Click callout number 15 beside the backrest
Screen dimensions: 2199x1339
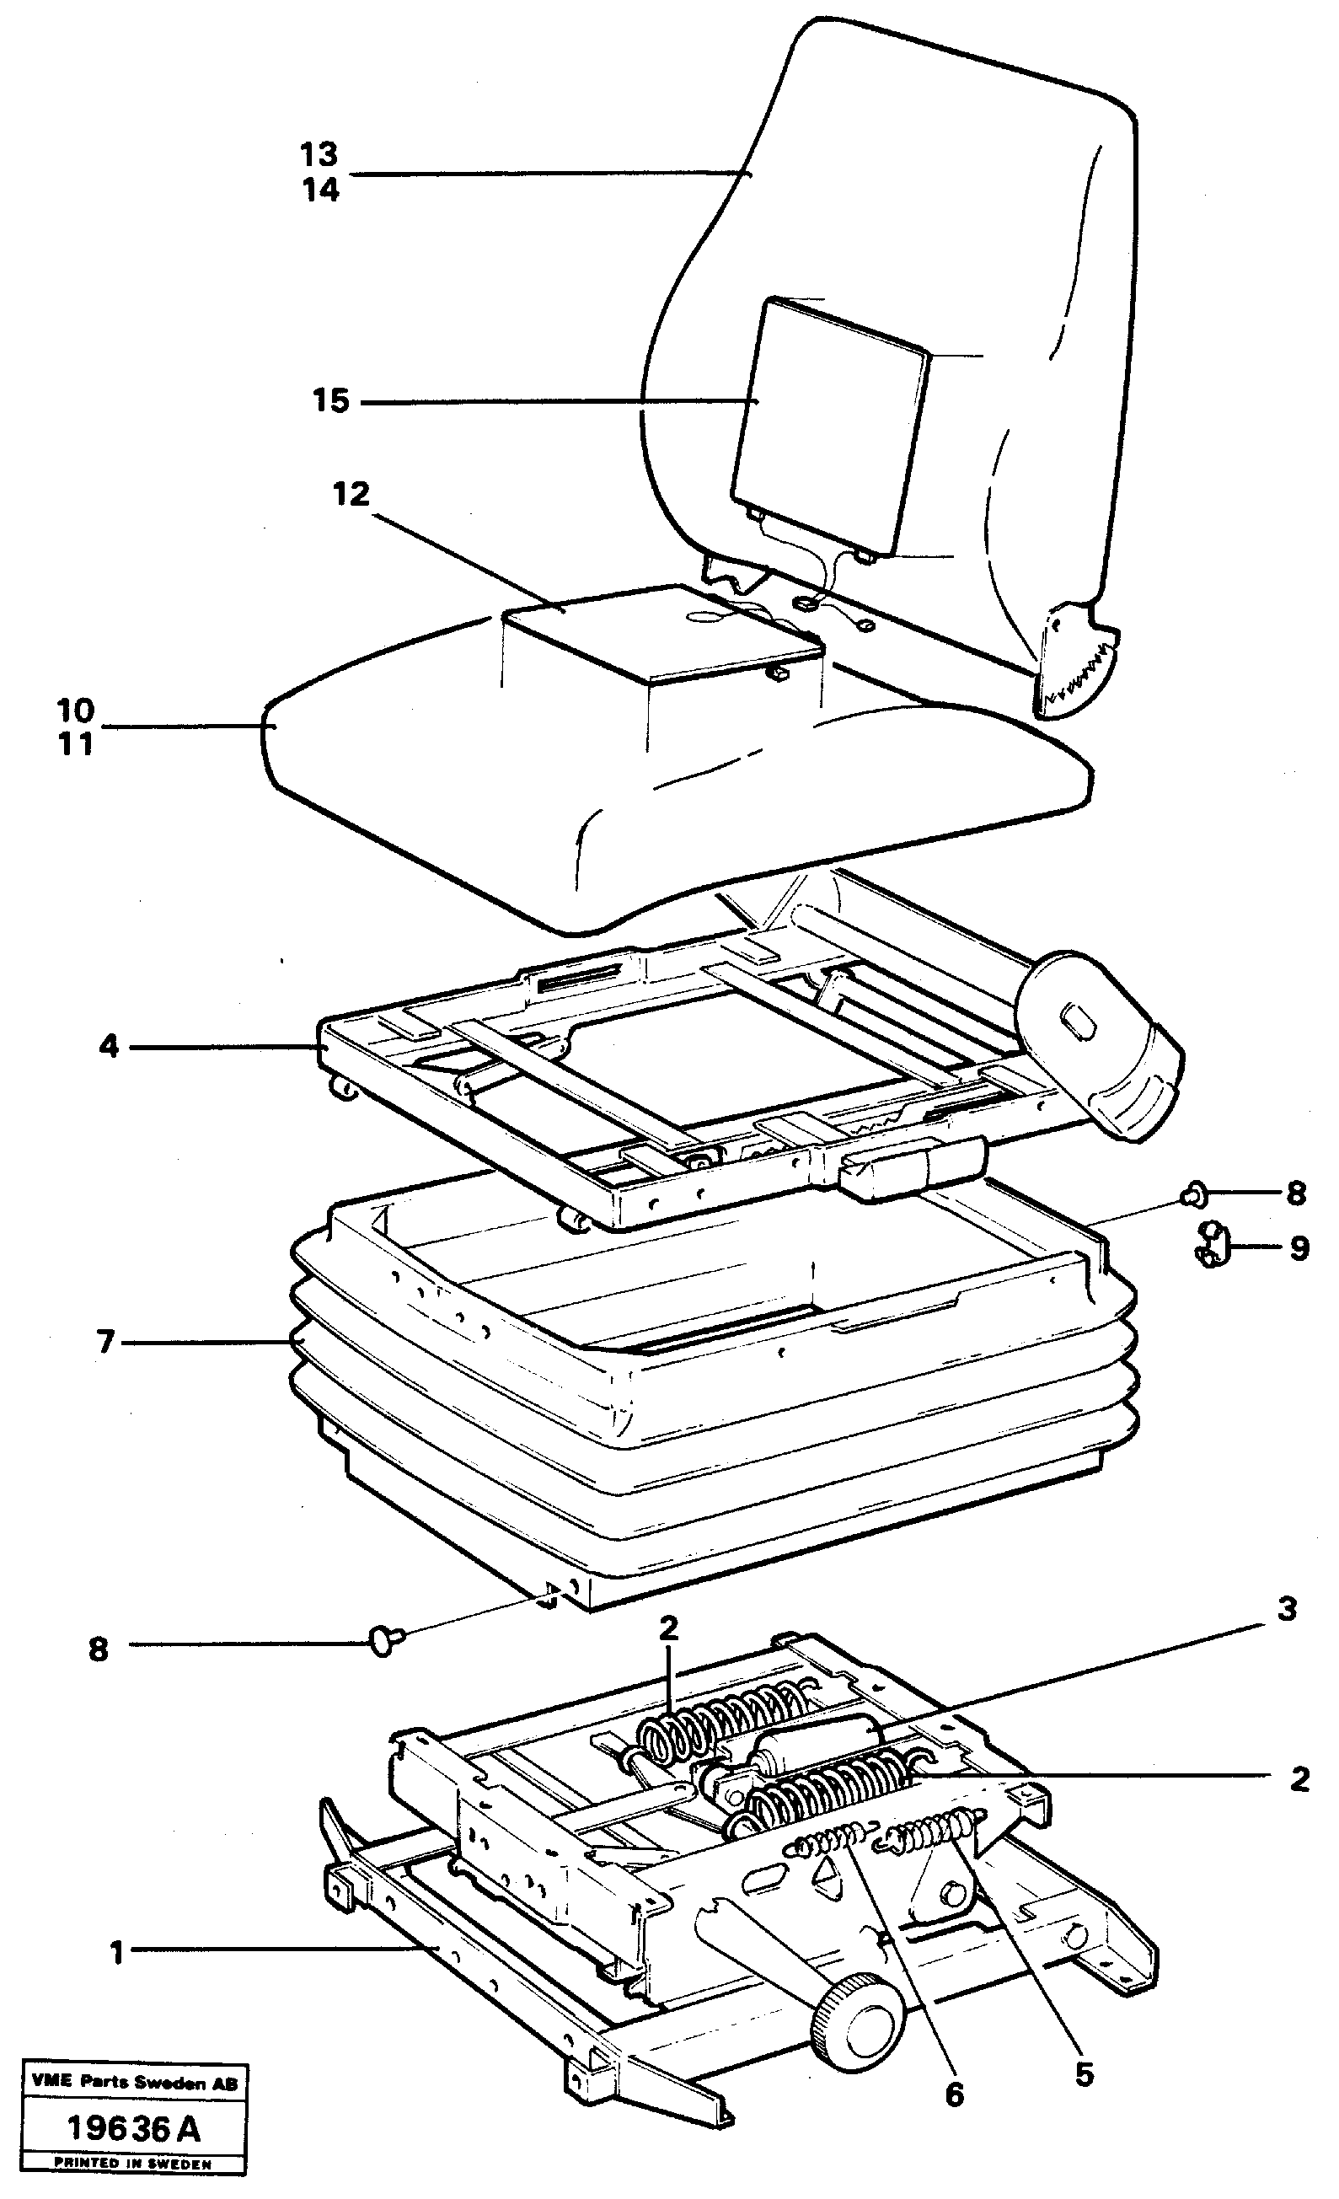coord(330,400)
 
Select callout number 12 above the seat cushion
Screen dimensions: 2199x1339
coord(351,495)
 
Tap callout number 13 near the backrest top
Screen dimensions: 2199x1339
coord(319,155)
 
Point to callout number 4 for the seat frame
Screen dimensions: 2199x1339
coord(109,1046)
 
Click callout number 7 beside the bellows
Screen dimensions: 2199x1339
coord(106,1341)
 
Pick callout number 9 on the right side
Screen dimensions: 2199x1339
coord(1299,1248)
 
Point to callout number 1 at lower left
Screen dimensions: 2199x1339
coord(117,1955)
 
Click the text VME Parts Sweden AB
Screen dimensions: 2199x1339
coord(134,2084)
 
